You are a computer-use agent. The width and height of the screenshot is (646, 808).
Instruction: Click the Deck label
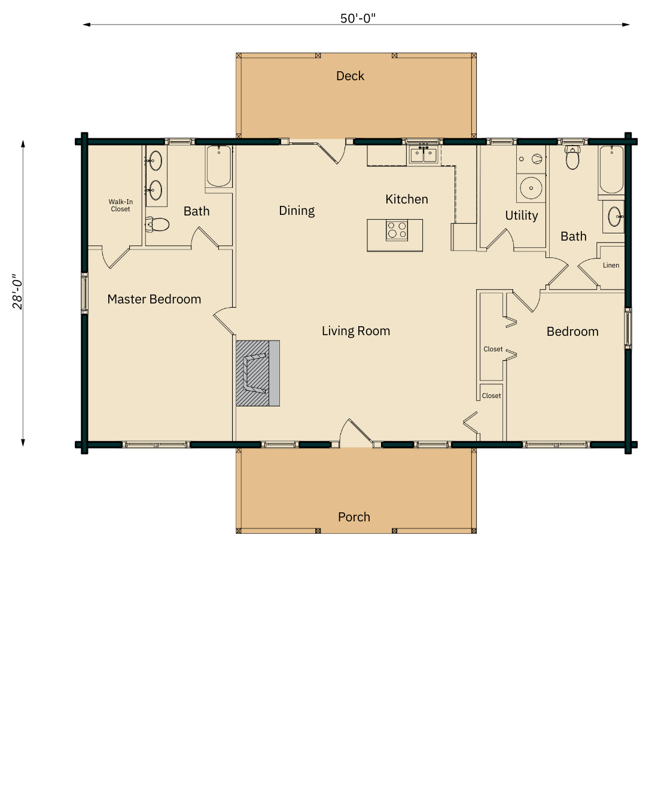[x=350, y=76]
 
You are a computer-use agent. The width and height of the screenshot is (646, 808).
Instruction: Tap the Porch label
[x=354, y=517]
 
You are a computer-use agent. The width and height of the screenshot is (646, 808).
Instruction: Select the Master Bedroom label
[x=154, y=299]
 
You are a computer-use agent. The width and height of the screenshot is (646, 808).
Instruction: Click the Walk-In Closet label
[x=121, y=205]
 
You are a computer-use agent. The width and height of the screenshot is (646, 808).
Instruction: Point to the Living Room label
[x=356, y=331]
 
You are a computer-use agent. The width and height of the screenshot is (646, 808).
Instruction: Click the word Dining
[x=297, y=211]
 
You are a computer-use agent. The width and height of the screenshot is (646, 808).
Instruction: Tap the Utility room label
[x=522, y=215]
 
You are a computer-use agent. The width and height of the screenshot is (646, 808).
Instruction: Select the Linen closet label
[x=611, y=265]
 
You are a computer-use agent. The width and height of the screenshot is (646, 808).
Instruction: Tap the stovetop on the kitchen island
[x=397, y=230]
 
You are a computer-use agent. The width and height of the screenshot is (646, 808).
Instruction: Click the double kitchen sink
[x=423, y=154]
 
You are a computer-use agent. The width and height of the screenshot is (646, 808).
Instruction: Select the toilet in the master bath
[x=157, y=224]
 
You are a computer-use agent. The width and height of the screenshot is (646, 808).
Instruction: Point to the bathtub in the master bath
[x=219, y=166]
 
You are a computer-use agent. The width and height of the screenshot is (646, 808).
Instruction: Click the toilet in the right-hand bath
[x=572, y=158]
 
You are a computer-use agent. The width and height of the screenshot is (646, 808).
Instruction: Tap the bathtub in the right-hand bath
[x=611, y=169]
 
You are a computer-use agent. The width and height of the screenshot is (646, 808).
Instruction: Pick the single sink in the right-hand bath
[x=614, y=217]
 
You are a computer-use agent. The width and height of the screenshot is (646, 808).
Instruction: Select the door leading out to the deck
[x=330, y=151]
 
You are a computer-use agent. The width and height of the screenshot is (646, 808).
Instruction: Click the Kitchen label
[x=407, y=199]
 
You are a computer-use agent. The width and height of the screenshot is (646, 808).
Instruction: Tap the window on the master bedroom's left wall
[x=84, y=293]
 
